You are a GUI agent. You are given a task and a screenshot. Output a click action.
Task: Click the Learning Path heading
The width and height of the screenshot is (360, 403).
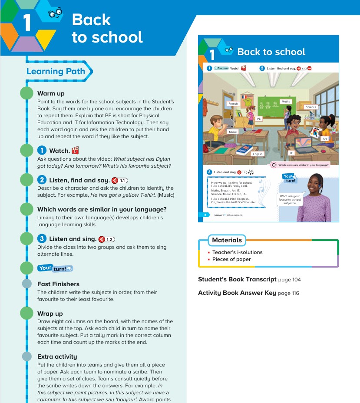coord(56,72)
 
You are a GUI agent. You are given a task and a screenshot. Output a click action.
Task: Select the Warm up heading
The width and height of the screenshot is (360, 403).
coord(51,93)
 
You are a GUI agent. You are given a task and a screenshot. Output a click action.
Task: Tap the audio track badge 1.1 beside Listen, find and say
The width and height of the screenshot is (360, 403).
coord(120,180)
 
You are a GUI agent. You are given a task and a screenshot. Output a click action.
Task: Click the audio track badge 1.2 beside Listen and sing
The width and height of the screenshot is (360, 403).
coord(107,239)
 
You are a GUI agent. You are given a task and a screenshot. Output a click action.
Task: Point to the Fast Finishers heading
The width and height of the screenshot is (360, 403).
coord(58,284)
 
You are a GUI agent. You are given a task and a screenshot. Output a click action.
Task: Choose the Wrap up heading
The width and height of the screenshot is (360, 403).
coord(50,314)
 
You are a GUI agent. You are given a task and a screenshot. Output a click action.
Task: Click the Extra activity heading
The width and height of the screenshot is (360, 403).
coord(57,357)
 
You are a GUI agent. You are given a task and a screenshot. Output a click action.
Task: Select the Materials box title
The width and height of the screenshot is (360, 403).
coord(227,240)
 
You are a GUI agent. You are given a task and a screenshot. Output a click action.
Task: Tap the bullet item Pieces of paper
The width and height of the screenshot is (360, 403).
coord(231,259)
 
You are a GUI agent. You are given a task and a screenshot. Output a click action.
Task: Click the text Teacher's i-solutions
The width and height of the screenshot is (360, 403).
coord(237,252)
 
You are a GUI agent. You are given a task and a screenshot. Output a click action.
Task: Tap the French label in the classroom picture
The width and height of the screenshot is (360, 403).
coord(233,104)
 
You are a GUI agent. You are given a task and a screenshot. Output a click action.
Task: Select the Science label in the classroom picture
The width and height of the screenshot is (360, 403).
coord(311,107)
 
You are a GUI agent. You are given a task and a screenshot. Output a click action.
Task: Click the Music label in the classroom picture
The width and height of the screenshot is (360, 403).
coord(233,132)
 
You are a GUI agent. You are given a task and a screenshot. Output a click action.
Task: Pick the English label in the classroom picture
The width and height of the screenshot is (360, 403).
coord(258,154)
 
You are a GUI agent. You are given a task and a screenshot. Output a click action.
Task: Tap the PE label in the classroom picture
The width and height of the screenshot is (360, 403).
coord(259,118)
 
